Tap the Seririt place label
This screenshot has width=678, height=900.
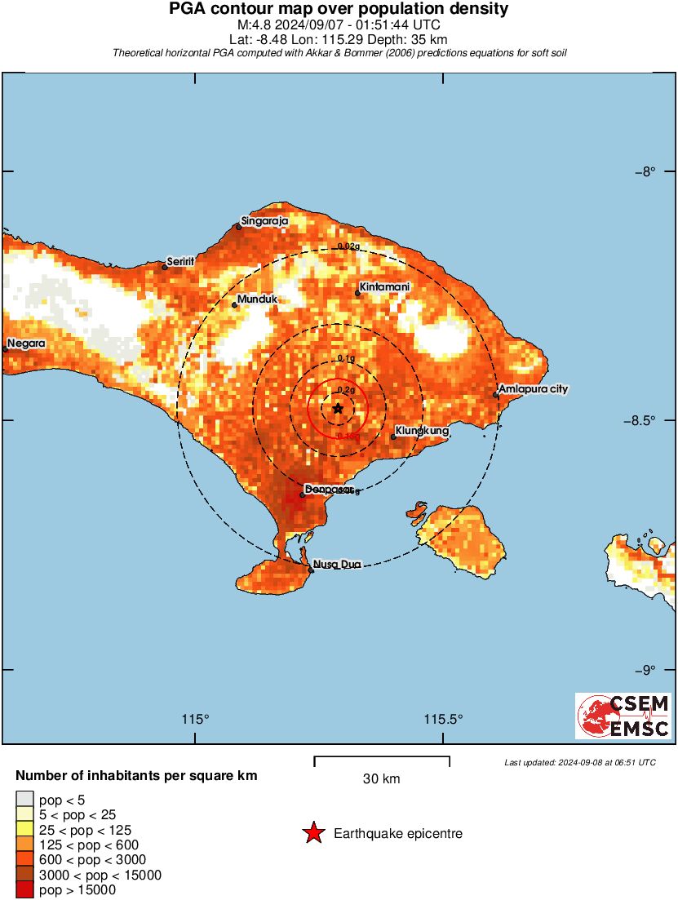(180, 262)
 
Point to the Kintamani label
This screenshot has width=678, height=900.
(384, 288)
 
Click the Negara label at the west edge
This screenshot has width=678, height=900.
(26, 344)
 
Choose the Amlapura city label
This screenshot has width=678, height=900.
(534, 389)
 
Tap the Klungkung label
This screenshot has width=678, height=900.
(423, 430)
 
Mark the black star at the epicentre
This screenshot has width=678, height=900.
(339, 408)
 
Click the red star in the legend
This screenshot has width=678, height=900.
(312, 833)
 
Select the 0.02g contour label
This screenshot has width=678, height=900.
(348, 246)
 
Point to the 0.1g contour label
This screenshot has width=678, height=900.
(346, 359)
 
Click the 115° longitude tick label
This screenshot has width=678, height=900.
(195, 720)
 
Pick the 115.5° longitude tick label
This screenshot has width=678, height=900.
(444, 720)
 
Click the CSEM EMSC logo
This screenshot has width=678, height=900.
(624, 716)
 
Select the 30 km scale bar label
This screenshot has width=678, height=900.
(381, 779)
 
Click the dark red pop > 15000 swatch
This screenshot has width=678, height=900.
(25, 890)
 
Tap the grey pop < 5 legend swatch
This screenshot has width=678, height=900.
(25, 799)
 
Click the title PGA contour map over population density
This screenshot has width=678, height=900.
(339, 10)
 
